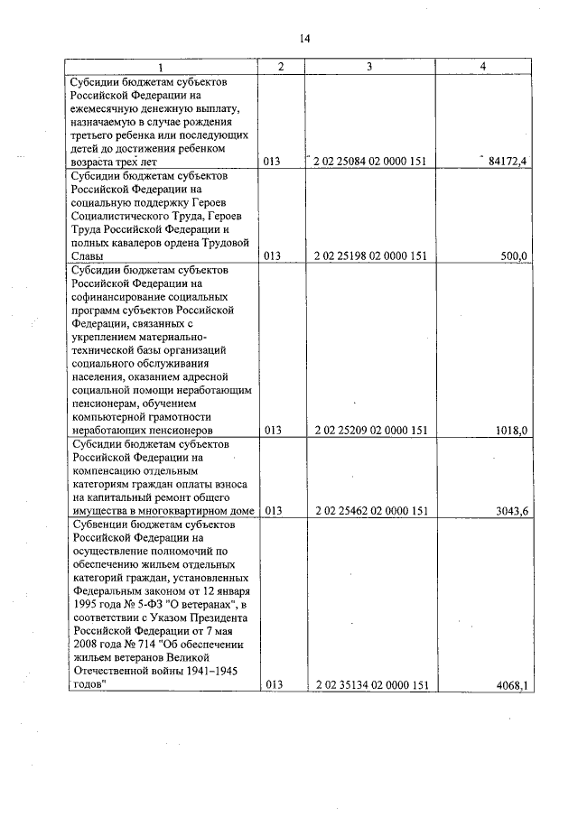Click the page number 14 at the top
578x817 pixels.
point(304,39)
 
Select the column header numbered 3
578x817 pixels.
point(370,67)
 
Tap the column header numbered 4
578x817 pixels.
point(483,67)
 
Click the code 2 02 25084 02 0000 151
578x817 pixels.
point(371,162)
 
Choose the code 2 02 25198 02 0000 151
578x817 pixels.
point(371,256)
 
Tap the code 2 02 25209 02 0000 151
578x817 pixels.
point(371,431)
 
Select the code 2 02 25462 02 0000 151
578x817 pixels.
point(371,511)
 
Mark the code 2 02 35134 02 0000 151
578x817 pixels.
point(371,685)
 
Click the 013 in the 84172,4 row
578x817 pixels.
point(273,162)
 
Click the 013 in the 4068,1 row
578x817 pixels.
point(273,685)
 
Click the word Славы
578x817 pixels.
point(87,256)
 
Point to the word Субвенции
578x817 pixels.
point(99,525)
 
